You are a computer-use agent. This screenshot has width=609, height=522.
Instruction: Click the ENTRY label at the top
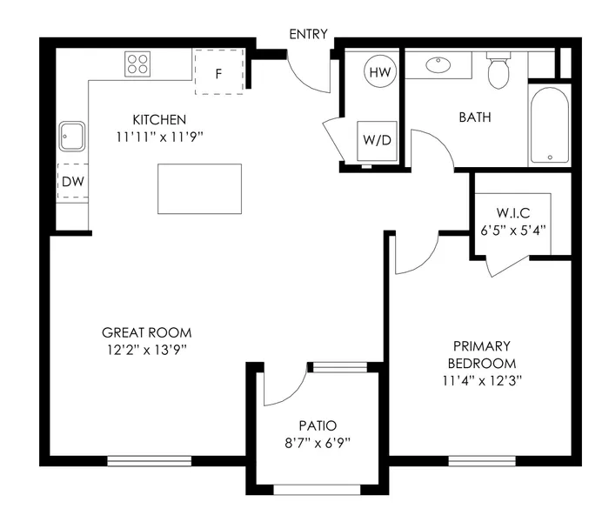tap(308, 34)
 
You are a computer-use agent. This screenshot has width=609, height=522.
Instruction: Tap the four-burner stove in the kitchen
tap(137, 63)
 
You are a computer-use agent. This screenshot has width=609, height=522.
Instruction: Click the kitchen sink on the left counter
tap(72, 137)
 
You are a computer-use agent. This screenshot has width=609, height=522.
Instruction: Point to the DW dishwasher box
tap(71, 182)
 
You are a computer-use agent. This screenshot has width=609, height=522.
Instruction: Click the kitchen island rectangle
tap(199, 188)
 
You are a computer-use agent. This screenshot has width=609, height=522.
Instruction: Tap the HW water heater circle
tap(379, 72)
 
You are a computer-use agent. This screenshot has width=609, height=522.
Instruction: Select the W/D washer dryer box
tap(378, 138)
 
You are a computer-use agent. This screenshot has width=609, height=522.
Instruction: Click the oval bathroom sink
tap(438, 64)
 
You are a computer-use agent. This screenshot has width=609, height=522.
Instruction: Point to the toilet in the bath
tap(499, 71)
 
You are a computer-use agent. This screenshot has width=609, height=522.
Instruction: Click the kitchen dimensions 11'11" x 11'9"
tap(159, 136)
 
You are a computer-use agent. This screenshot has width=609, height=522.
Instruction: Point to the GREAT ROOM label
tap(146, 332)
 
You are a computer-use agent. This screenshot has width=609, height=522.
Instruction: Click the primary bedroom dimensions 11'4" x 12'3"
tap(480, 380)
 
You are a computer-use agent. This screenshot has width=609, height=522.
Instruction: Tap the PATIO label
tap(318, 425)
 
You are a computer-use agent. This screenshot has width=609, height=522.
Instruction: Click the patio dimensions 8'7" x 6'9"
tap(318, 442)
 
